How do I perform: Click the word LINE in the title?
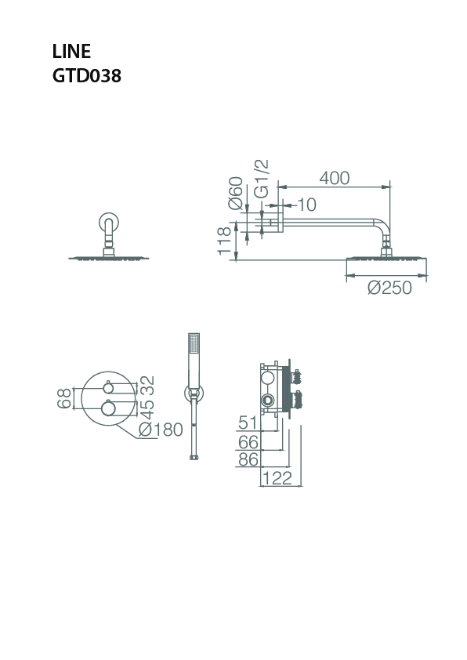click(71, 52)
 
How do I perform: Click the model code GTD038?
click(87, 76)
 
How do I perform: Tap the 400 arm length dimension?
click(335, 178)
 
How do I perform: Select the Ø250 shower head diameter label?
click(389, 288)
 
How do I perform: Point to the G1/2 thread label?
click(262, 179)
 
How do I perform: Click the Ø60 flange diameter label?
click(236, 193)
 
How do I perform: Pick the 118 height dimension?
click(224, 241)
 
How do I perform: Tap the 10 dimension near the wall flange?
click(306, 205)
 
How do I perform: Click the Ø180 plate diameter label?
click(161, 430)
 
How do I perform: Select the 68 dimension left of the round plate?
click(64, 398)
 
